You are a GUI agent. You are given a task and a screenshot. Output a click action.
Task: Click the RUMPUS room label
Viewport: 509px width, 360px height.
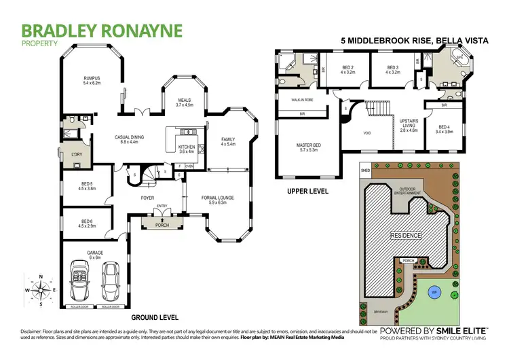tap(92, 79)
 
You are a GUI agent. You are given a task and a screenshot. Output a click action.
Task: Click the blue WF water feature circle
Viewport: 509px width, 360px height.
tap(432, 294)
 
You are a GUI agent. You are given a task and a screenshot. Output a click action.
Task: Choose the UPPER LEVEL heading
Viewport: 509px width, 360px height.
tap(307, 192)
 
